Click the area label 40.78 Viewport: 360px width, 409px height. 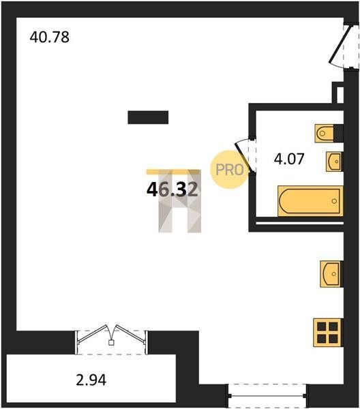49,37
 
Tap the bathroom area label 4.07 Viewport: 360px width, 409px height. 289,159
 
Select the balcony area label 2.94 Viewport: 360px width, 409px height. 91,380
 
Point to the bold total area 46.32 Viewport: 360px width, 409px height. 172,190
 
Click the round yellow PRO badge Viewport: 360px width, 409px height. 229,170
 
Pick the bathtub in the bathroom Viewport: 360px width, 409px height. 310,201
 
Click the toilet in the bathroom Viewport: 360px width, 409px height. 325,134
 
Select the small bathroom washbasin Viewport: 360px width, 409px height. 333,162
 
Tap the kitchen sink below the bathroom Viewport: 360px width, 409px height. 330,274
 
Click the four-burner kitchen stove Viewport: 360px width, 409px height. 327,333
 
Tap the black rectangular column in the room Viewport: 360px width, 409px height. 148,117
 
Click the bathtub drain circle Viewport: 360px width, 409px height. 334,201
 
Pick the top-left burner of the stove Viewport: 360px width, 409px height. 322,327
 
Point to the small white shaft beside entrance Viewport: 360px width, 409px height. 340,95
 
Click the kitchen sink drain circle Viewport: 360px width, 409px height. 334,274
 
